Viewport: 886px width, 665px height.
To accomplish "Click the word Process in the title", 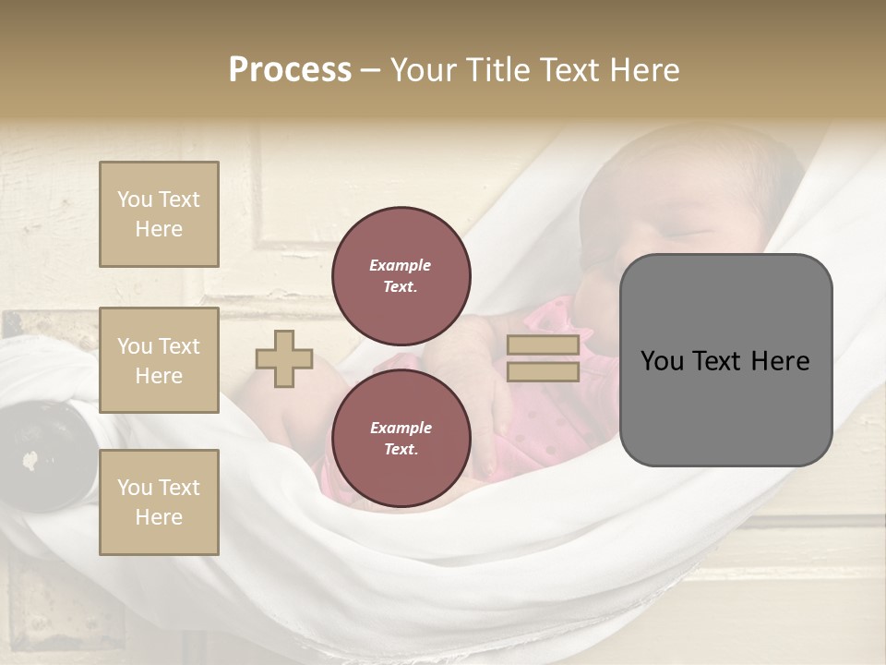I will coord(290,69).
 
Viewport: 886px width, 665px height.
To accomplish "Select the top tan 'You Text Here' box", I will coord(159,214).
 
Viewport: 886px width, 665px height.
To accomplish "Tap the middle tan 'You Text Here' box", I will coord(159,360).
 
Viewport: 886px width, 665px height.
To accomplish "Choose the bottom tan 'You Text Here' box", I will coord(159,502).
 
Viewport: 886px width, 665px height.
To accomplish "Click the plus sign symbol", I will coord(284,358).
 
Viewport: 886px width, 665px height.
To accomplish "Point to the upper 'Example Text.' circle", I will coord(401,276).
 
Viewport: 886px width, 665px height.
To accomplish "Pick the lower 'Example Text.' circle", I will coord(401,439).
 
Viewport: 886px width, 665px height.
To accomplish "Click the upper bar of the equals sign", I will coord(543,345).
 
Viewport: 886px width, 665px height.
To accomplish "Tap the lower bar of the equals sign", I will coord(543,371).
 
